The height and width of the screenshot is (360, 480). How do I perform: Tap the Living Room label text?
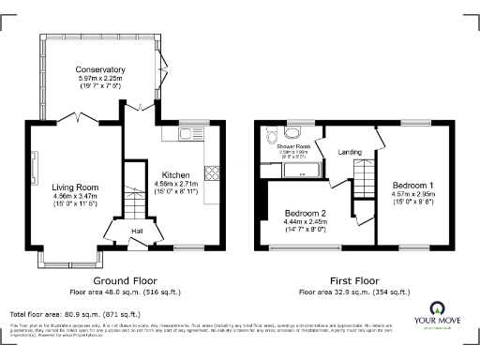74,187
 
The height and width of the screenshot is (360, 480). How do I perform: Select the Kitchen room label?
175,173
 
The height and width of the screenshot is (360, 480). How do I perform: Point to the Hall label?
136,230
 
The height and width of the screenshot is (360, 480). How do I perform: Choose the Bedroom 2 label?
305,214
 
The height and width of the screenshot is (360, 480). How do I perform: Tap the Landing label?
351,153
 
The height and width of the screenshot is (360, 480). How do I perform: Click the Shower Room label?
293,146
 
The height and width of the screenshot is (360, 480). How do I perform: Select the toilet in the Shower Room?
271,132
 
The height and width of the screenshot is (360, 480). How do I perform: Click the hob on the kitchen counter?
212,172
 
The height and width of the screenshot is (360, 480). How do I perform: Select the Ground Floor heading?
126,280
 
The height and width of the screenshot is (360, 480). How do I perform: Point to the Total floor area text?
74,313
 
